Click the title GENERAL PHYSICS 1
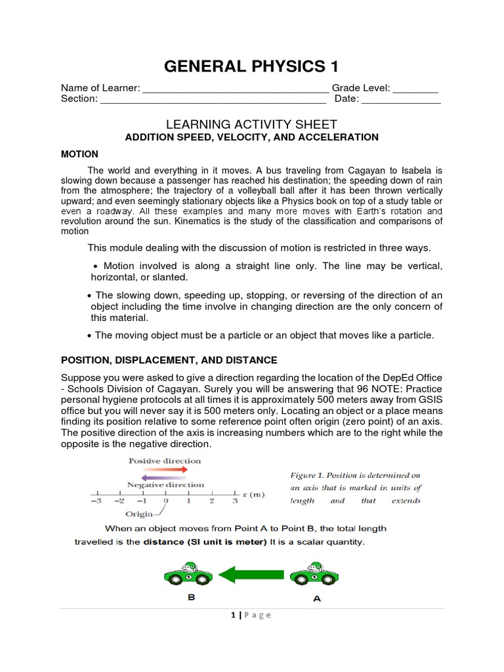click(253, 66)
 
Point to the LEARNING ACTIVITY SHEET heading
click(252, 124)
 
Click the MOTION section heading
click(79, 154)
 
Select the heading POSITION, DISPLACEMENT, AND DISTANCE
click(169, 360)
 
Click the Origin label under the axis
click(138, 514)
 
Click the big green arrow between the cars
click(251, 576)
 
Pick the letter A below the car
click(316, 599)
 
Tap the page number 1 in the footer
click(233, 615)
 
